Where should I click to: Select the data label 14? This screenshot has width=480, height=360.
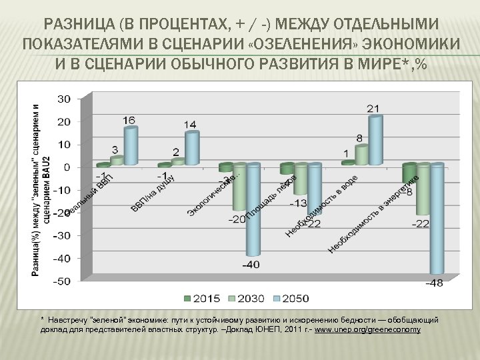tap(190, 125)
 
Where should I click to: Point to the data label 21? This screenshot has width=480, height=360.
tap(374, 109)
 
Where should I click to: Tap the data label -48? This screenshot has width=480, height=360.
tap(435, 283)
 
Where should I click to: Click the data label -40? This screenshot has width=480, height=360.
tap(251, 265)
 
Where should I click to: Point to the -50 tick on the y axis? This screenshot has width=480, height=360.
tap(62, 281)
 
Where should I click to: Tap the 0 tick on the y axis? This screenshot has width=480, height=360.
tap(67, 167)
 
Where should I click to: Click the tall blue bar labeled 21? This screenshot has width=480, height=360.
tap(375, 140)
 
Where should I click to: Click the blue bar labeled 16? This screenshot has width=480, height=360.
tap(131, 146)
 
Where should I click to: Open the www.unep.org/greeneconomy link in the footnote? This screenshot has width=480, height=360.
tap(368, 331)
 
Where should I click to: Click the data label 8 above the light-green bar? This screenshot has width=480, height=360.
tap(360, 138)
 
